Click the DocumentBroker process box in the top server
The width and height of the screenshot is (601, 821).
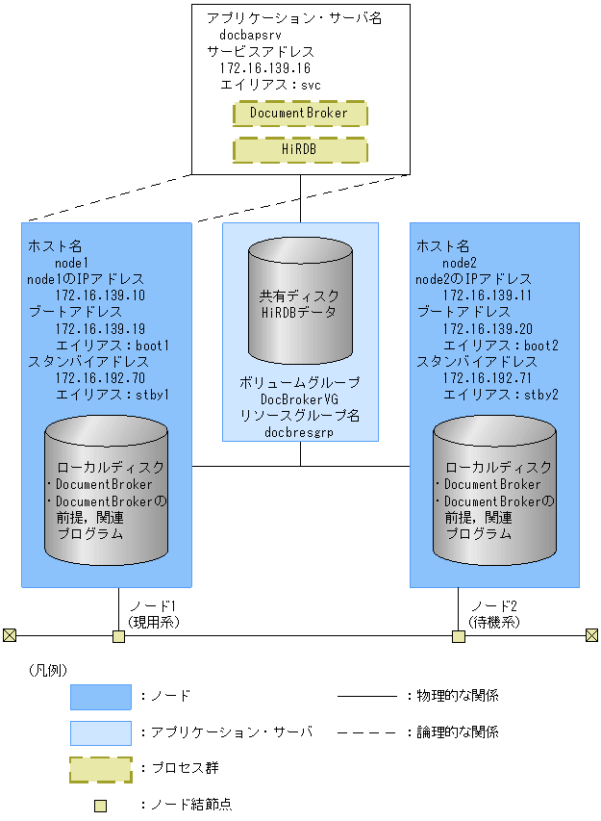click(x=299, y=114)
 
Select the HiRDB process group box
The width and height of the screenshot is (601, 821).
click(x=299, y=150)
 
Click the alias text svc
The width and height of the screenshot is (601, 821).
click(x=311, y=85)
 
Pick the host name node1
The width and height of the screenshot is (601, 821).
click(x=71, y=262)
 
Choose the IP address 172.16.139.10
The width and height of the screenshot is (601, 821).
click(x=100, y=295)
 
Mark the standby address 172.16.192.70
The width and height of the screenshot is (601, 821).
click(x=100, y=377)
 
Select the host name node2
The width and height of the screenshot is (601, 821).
click(x=460, y=262)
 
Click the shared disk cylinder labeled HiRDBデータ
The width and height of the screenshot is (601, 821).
click(x=300, y=302)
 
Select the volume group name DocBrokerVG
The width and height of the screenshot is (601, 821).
click(x=300, y=398)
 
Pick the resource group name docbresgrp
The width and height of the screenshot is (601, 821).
click(x=300, y=432)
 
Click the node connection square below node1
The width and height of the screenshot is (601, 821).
click(x=118, y=636)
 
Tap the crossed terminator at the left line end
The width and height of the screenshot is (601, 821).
click(x=10, y=635)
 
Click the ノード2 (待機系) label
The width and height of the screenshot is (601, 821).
click(x=494, y=614)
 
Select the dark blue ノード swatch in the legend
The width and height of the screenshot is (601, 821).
click(x=100, y=696)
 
